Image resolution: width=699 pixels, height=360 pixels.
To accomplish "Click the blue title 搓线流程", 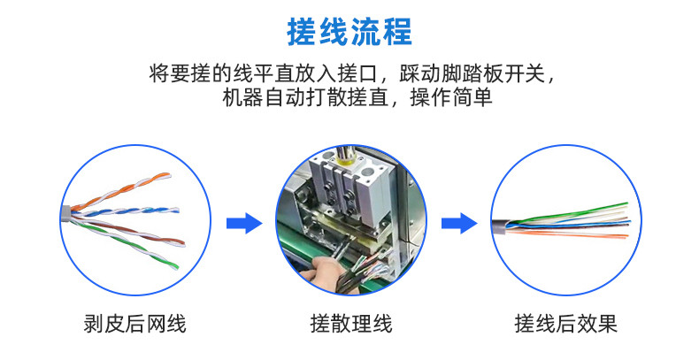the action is click(x=349, y=32).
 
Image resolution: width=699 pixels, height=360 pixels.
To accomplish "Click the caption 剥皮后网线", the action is click(x=134, y=324).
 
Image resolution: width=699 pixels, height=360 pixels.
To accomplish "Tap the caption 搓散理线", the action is click(x=351, y=324).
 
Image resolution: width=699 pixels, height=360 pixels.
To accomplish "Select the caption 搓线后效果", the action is click(x=566, y=324).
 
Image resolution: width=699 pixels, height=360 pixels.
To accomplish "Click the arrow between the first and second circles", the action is click(x=244, y=223).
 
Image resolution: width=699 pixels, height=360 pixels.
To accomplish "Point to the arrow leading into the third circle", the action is click(x=459, y=223).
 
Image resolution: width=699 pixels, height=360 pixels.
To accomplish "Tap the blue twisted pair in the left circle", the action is click(x=126, y=212).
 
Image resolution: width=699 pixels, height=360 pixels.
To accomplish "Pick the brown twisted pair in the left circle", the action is click(x=129, y=231).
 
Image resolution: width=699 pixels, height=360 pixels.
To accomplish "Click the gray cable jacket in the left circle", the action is click(x=65, y=215).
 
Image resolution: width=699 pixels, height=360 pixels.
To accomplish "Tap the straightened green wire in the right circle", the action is click(x=571, y=212).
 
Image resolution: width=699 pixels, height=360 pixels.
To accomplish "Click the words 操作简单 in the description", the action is click(x=451, y=97).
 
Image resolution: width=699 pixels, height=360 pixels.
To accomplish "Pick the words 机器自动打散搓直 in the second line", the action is click(x=305, y=97).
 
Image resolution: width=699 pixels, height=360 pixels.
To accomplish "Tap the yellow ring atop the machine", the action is click(x=346, y=162).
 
